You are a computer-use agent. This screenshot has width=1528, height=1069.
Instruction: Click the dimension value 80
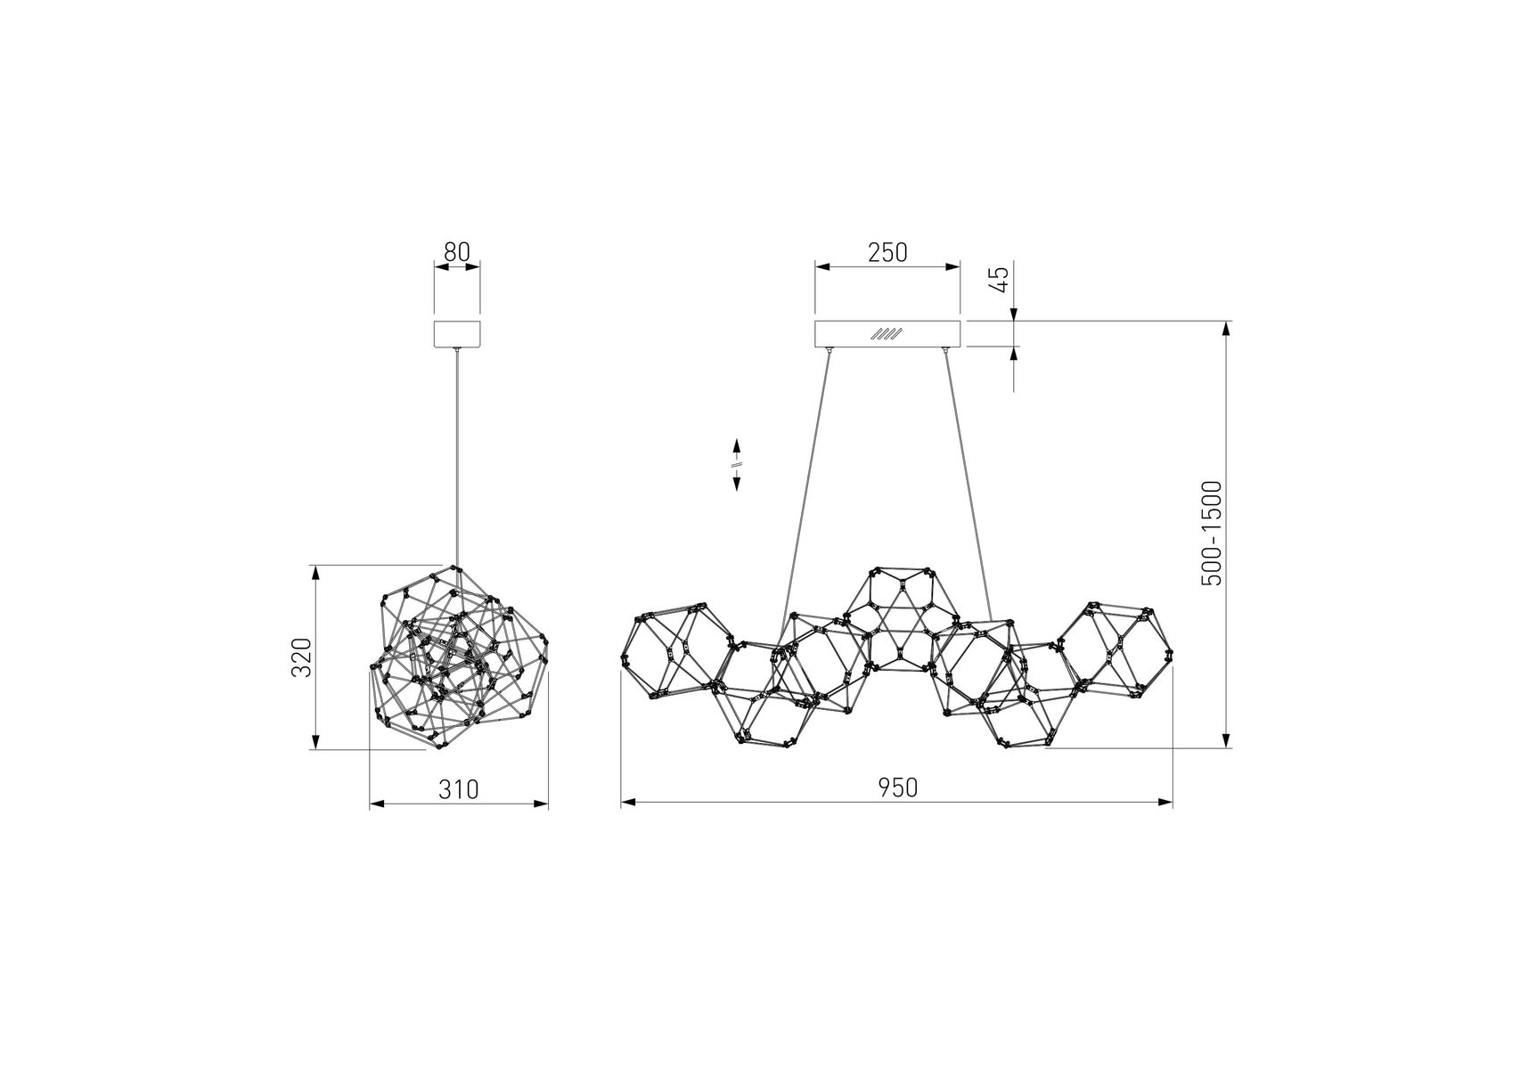tap(456, 252)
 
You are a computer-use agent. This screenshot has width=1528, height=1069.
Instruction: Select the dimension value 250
tap(887, 253)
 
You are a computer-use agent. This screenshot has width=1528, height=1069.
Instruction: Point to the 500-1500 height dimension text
tap(1211, 534)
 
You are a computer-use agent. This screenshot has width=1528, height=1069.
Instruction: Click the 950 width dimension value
tap(897, 787)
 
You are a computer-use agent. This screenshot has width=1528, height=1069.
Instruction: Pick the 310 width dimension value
tap(459, 789)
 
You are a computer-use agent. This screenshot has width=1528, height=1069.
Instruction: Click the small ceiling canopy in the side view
tap(457, 334)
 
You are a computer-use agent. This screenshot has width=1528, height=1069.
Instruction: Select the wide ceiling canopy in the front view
tap(887, 334)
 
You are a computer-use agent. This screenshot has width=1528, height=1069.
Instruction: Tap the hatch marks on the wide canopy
tap(887, 334)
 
